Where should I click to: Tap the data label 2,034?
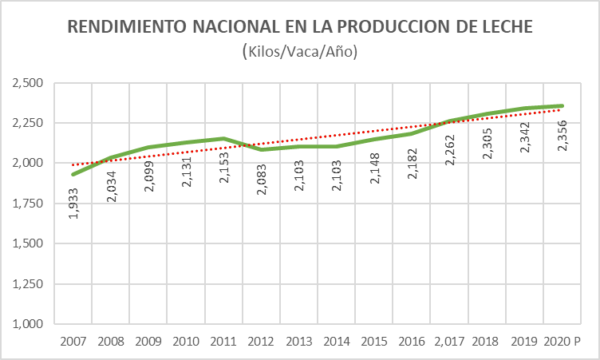(111, 189)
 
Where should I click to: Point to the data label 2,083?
(262, 180)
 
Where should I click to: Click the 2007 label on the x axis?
(73, 342)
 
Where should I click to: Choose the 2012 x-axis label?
(260, 342)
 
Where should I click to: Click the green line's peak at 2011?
(224, 138)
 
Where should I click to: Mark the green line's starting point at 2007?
(74, 174)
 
